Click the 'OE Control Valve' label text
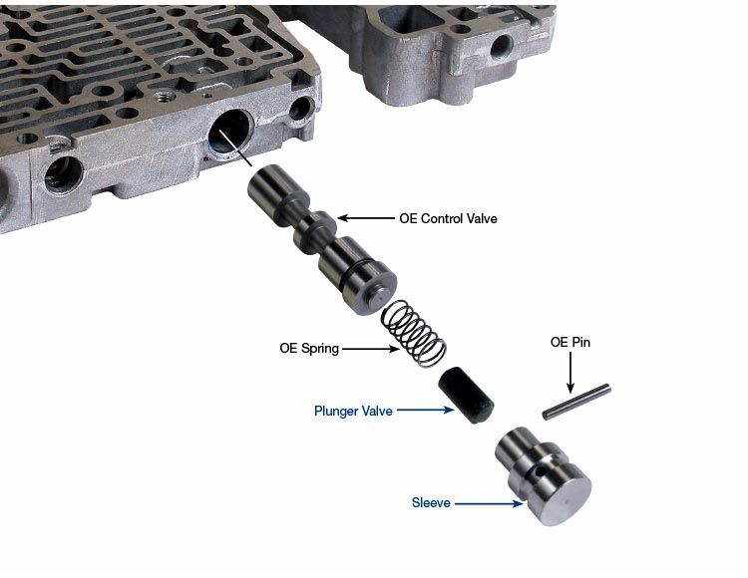coord(448,218)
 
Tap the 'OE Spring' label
coord(309,349)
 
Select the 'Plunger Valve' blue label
coord(353,411)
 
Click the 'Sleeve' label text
coord(431,502)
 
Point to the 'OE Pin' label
coord(570,342)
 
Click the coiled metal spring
coord(414,335)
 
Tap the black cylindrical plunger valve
coord(466,395)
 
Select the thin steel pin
coord(576,402)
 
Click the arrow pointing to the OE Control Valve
coord(366,218)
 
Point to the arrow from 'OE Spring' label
coord(371,349)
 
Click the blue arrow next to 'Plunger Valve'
coord(426,410)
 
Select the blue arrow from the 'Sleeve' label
coord(489,503)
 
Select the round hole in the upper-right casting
coord(503,47)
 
